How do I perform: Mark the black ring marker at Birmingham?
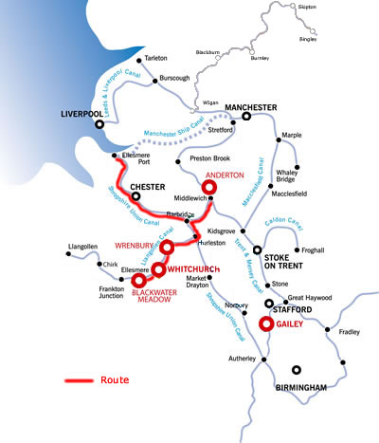[298, 371]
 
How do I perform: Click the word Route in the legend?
[115, 379]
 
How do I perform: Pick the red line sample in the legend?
[79, 380]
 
